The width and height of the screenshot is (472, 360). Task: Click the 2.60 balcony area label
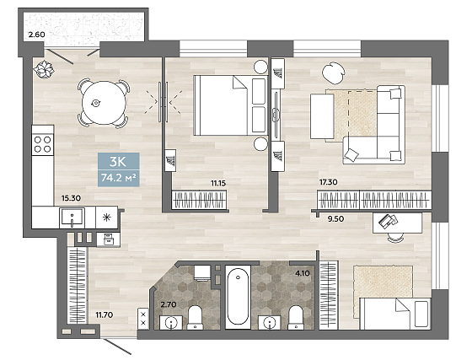click(36, 35)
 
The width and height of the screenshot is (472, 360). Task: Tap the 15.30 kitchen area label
click(71, 198)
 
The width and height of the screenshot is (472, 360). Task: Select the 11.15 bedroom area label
click(218, 183)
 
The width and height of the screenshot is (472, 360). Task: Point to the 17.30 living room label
click(328, 182)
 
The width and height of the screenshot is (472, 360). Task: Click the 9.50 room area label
click(335, 219)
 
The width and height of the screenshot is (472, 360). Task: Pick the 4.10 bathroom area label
click(303, 273)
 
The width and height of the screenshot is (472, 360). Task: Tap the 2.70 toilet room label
click(169, 304)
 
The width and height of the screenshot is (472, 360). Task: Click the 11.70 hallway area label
click(105, 314)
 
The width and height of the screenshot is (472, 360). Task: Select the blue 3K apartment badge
click(118, 169)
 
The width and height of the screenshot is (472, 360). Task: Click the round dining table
click(104, 103)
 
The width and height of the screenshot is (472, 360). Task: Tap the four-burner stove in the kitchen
click(43, 144)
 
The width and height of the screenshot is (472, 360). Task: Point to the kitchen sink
click(72, 217)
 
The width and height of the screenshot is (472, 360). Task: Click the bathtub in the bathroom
click(238, 297)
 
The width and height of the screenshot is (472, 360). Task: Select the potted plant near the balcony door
click(44, 69)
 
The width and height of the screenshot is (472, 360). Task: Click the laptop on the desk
click(388, 221)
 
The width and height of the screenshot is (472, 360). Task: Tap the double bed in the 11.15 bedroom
click(230, 105)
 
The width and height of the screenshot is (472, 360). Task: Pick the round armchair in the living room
click(333, 73)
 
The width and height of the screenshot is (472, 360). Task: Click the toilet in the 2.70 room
click(195, 318)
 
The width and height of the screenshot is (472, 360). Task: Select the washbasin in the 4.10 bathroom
click(269, 323)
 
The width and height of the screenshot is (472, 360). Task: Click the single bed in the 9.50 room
click(395, 314)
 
